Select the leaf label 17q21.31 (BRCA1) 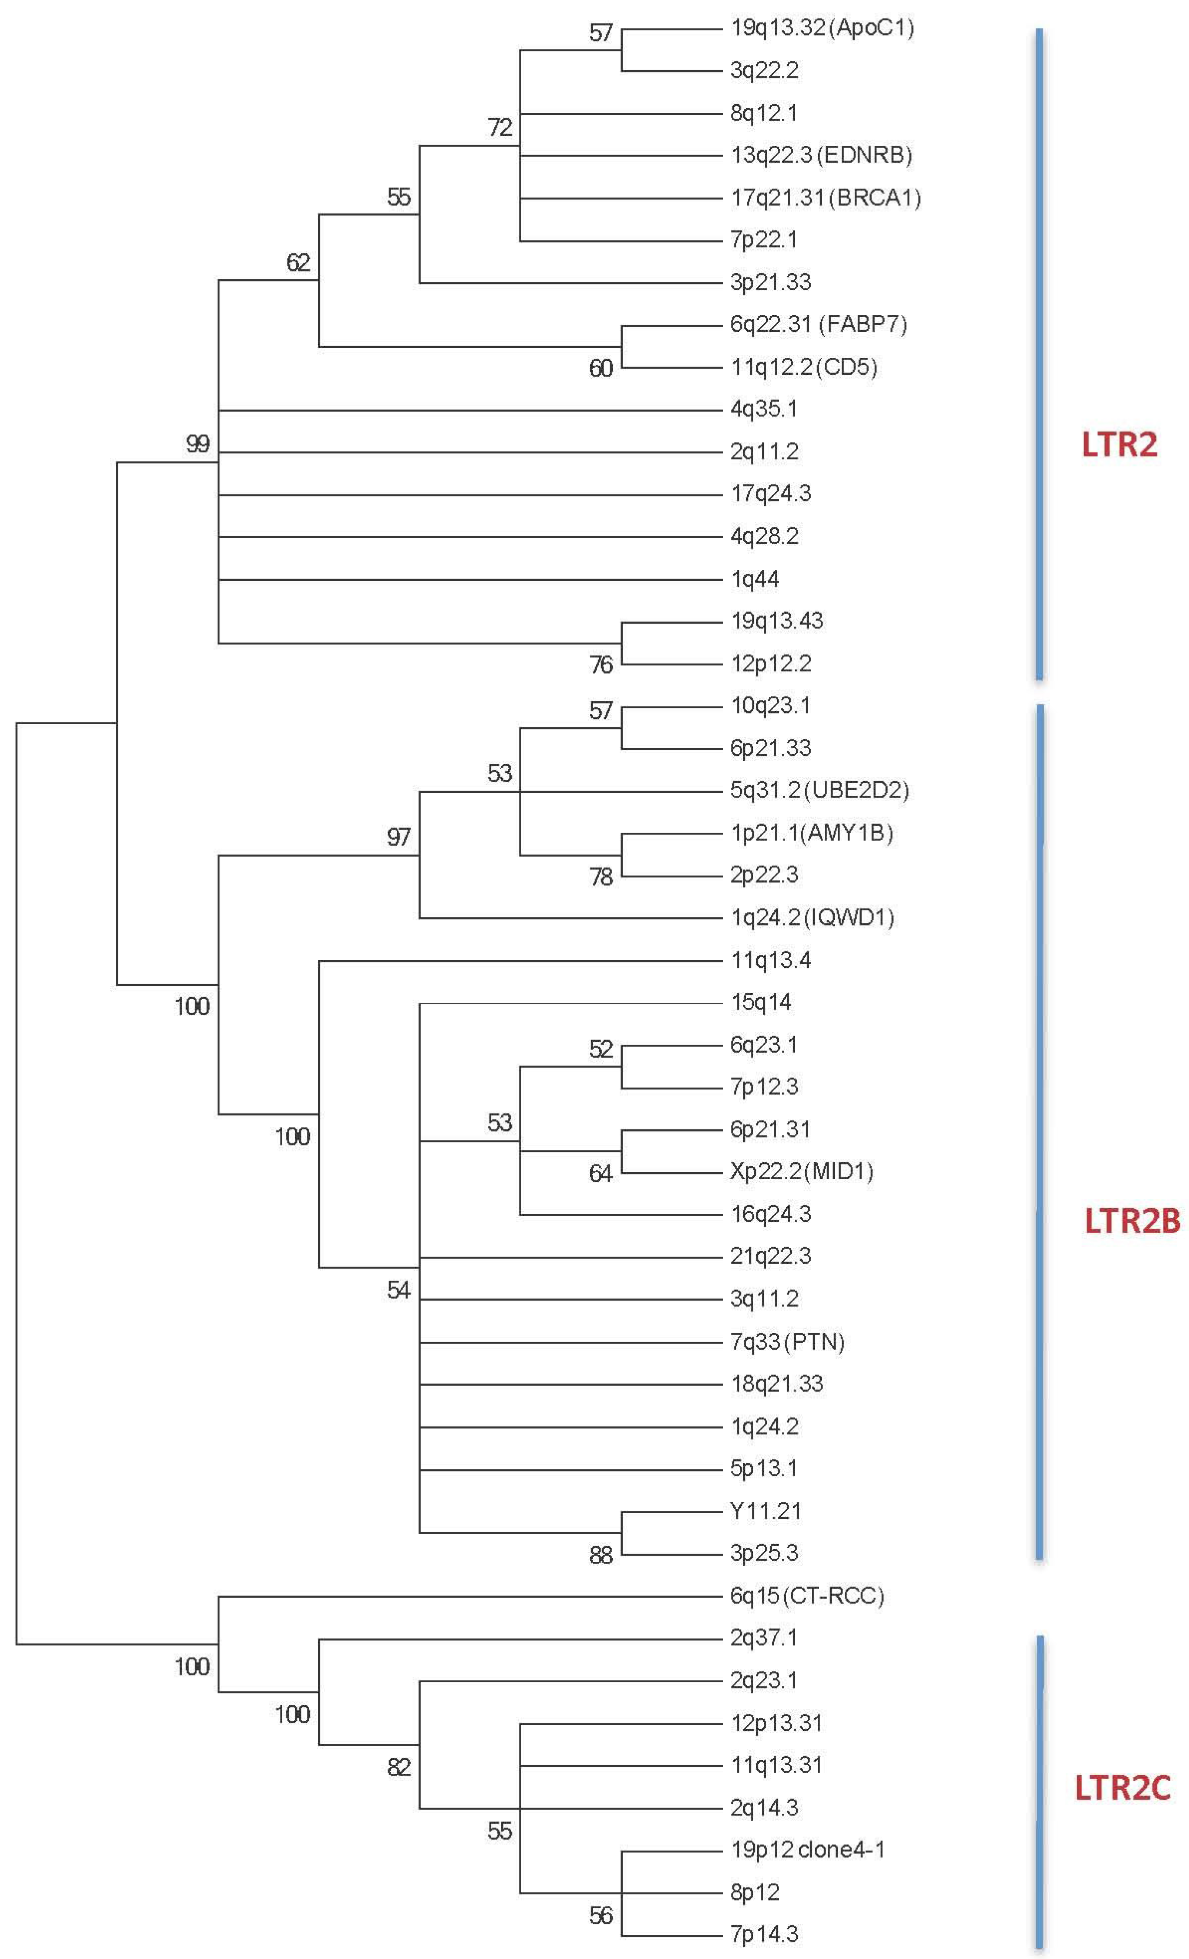click(x=826, y=197)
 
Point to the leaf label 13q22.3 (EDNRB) click(x=821, y=155)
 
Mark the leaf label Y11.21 click(x=765, y=1511)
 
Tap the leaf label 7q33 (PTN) click(x=787, y=1341)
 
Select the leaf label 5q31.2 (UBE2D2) click(x=820, y=790)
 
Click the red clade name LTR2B click(x=1132, y=1221)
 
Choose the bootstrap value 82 click(x=399, y=1767)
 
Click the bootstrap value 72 click(x=500, y=127)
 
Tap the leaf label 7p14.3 click(x=764, y=1933)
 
